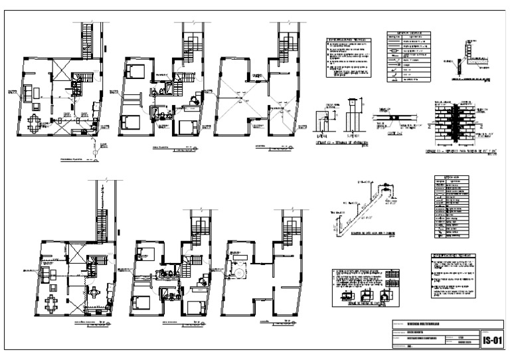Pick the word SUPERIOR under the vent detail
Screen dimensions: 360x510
pos(353,132)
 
